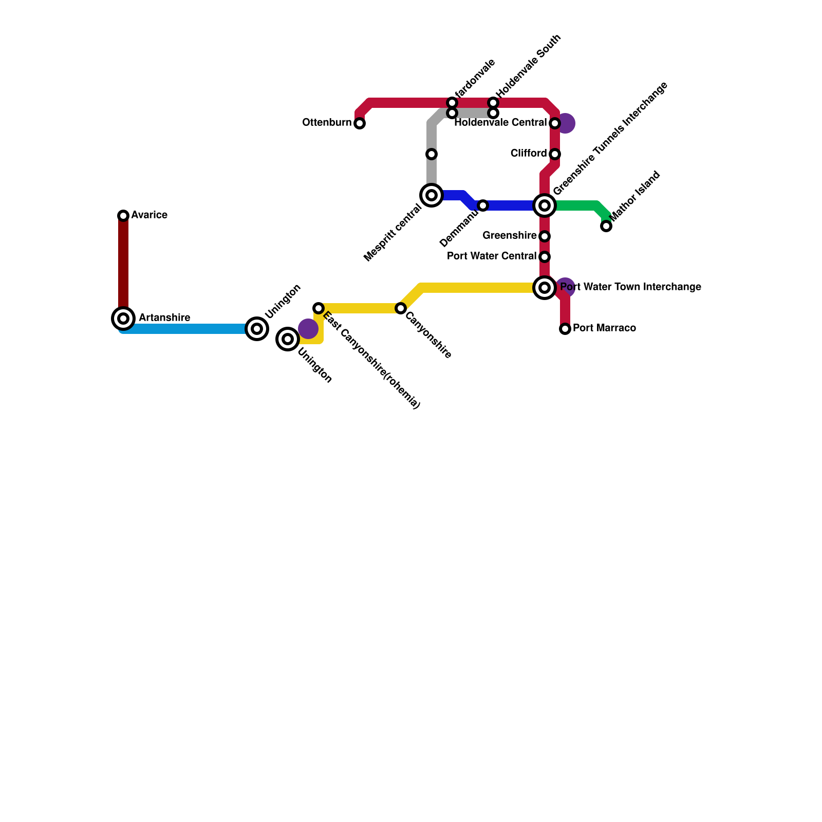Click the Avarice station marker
[x=123, y=215]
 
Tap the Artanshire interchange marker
[x=123, y=319]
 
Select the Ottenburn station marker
[x=360, y=123]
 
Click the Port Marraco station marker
[x=565, y=329]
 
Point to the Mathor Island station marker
[x=606, y=226]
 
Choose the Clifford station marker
[x=555, y=154]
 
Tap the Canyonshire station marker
[x=401, y=308]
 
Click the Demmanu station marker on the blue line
[x=483, y=206]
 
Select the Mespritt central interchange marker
[x=432, y=195]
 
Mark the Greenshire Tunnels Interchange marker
[x=545, y=206]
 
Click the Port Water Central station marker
[x=545, y=257]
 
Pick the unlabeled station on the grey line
[x=432, y=154]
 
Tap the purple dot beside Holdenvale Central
[x=566, y=123]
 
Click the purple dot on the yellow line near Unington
[x=308, y=329]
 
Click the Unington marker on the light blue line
[x=257, y=329]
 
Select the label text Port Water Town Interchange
[x=630, y=287]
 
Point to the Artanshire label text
[x=164, y=317]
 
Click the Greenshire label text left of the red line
[x=509, y=235]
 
